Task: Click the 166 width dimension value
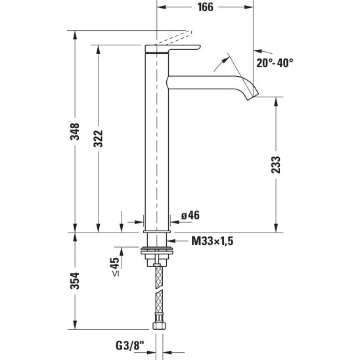[x=205, y=7]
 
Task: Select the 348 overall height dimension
[x=75, y=131]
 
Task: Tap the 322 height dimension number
[x=99, y=138]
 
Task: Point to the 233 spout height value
[x=276, y=165]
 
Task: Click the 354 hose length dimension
[x=75, y=281]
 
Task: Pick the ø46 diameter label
[x=191, y=215]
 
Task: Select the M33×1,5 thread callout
[x=212, y=241]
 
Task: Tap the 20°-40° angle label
[x=275, y=62]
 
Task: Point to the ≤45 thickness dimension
[x=116, y=266]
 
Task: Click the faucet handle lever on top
[x=173, y=49]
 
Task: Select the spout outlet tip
[x=253, y=96]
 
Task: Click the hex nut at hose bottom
[x=159, y=325]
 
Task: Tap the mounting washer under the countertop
[x=156, y=251]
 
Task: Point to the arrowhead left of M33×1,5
[x=171, y=241]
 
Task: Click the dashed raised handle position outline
[x=174, y=37]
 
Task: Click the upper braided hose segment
[x=159, y=277]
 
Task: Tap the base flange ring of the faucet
[x=156, y=231]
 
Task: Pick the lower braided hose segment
[x=159, y=302]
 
